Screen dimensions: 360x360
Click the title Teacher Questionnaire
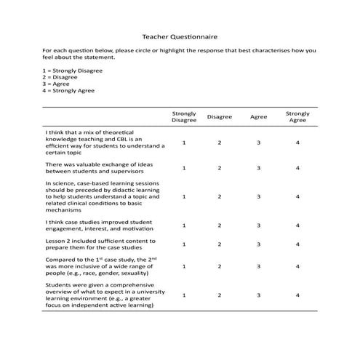[179, 36]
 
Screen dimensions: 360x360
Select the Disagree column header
[219, 116]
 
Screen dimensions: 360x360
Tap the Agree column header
[258, 116]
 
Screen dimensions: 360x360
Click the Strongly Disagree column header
[183, 116]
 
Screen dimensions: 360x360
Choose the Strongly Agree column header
[297, 116]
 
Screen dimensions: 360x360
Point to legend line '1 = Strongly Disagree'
[73, 71]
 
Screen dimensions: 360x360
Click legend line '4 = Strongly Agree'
[68, 90]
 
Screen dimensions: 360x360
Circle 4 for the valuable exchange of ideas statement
[297, 168]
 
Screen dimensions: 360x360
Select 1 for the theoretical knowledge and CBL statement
[183, 143]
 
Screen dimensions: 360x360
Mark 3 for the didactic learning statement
[258, 196]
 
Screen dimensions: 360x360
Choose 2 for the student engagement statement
[219, 225]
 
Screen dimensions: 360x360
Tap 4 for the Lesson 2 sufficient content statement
[297, 244]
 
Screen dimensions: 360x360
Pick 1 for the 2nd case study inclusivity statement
[183, 266]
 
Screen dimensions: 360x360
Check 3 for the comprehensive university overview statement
[258, 295]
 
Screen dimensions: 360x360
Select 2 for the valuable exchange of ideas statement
[219, 168]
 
